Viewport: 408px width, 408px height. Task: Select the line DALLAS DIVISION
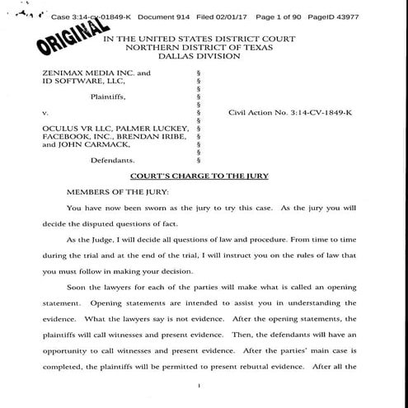coord(204,59)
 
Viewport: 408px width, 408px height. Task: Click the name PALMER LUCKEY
coord(154,129)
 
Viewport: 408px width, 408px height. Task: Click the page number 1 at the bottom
coord(201,385)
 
